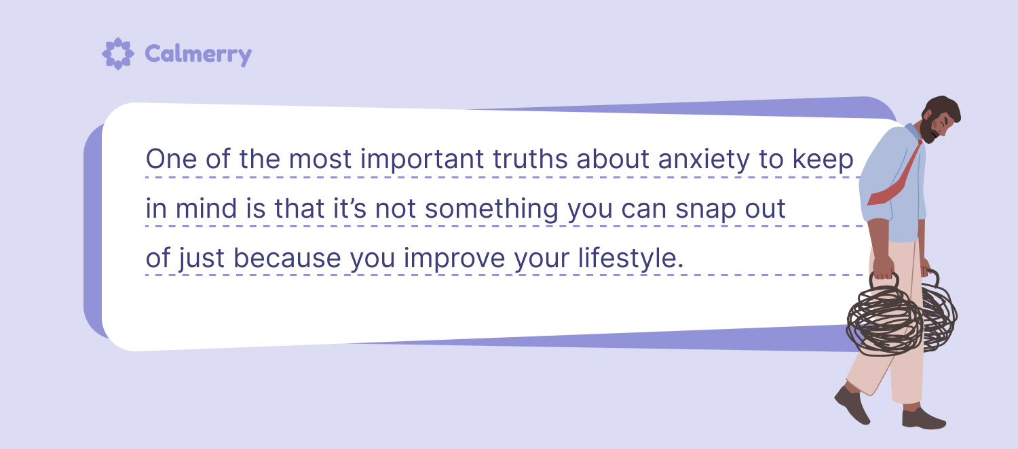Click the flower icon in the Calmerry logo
click(x=117, y=54)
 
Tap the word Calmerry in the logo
click(x=198, y=55)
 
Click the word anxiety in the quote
click(x=704, y=160)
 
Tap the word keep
click(x=823, y=160)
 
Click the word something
click(x=492, y=210)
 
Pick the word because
click(x=287, y=258)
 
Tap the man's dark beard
click(x=928, y=130)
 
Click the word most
click(x=320, y=160)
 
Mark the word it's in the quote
click(x=350, y=208)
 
